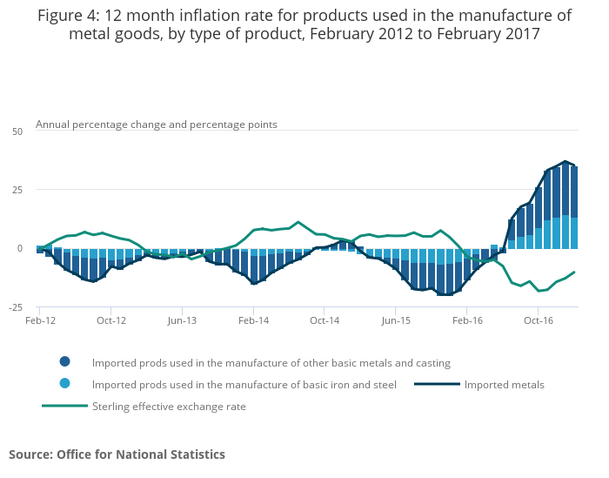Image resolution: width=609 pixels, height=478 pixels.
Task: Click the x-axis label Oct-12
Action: pos(110,320)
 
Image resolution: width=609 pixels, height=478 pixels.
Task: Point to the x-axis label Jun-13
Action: pos(182,320)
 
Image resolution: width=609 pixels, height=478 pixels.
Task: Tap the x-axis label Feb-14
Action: pos(253,320)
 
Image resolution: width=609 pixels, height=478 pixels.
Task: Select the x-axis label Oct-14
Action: pos(325,320)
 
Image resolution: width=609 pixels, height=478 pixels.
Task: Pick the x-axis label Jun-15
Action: pos(396,320)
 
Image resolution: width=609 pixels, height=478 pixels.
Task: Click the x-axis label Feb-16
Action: pos(466,320)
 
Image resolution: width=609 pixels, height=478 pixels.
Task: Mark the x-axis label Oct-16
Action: pos(539,320)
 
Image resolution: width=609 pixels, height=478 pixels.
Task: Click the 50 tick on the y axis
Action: pos(17,131)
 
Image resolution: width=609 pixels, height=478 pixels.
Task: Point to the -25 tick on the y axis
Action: pos(16,307)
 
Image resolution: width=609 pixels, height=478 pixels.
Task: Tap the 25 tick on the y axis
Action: pos(17,190)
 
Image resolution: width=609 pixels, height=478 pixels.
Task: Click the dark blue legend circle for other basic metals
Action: pos(65,362)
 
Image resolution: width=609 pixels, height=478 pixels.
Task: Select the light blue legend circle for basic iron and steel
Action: pos(65,384)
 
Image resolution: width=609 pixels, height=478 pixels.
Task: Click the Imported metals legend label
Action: pos(505,385)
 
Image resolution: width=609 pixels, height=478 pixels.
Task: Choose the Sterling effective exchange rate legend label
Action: pos(169,407)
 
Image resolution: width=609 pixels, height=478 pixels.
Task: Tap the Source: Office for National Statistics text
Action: pos(117,454)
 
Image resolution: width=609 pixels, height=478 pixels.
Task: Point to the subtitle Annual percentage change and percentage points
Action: pos(157,125)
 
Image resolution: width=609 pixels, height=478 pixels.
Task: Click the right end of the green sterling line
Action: pos(574,273)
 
